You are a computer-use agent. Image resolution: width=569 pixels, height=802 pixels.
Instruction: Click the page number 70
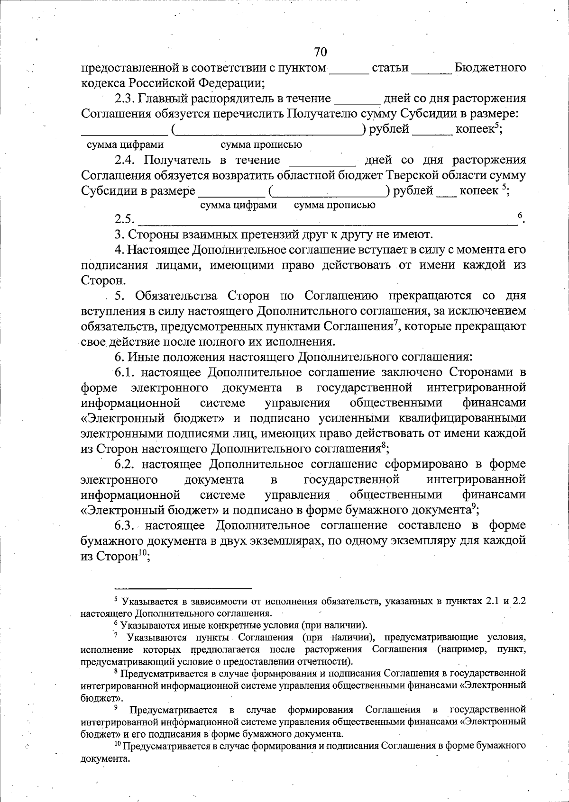click(x=321, y=51)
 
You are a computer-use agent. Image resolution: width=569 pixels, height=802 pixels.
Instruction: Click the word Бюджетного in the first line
click(x=490, y=68)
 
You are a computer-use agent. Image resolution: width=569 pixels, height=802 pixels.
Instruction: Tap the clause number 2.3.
click(x=125, y=99)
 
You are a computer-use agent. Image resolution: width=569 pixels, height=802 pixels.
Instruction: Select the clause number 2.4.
click(x=125, y=160)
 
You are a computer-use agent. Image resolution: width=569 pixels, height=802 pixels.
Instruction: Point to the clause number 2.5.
click(x=125, y=219)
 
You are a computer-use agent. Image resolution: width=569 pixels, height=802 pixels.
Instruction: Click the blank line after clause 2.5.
click(x=327, y=221)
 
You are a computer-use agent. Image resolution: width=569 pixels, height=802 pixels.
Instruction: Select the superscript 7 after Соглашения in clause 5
click(x=395, y=323)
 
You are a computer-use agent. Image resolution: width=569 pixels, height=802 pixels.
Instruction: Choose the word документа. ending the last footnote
click(x=105, y=758)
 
